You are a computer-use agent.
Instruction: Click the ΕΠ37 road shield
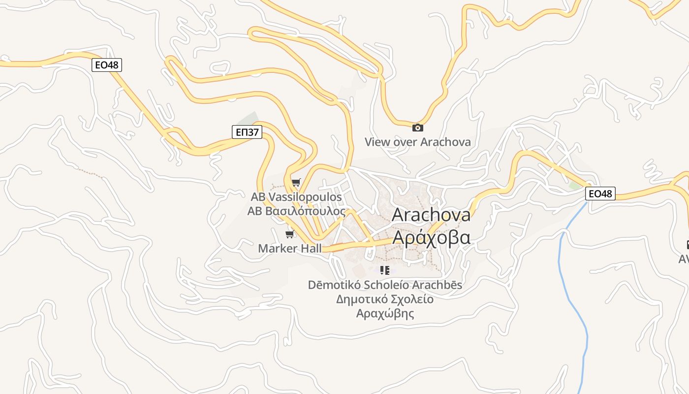[247, 132]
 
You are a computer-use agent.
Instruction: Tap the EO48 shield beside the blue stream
[600, 194]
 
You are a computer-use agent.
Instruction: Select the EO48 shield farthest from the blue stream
[107, 65]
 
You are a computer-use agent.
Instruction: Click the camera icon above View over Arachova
[417, 128]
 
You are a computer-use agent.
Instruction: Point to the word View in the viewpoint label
[377, 142]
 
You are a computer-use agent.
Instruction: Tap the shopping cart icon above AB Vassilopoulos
[296, 183]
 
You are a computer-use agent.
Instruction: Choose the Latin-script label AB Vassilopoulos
[296, 197]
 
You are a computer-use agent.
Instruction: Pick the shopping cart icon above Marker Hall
[290, 234]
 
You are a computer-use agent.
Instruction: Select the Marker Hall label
[290, 248]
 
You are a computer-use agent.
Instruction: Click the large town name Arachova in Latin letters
[431, 215]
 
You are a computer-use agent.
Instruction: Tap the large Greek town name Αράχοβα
[432, 237]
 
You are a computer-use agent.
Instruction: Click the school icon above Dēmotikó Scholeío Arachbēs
[385, 270]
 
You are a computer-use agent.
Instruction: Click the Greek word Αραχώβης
[385, 313]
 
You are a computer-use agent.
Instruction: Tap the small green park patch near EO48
[575, 186]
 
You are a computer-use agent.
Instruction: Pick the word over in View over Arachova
[406, 142]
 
